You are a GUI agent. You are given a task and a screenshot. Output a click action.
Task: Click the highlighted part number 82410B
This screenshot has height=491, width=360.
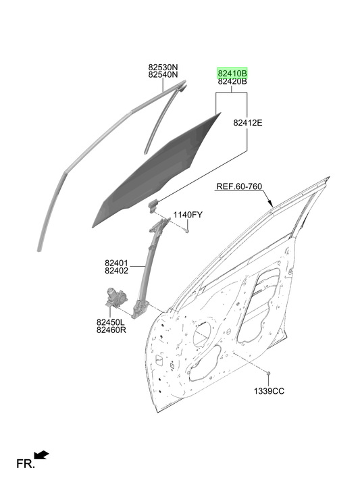[x=232, y=74]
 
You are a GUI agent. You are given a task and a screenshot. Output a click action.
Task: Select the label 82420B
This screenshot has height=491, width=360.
[x=232, y=82]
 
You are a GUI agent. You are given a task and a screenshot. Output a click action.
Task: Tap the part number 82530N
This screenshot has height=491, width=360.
[x=163, y=67]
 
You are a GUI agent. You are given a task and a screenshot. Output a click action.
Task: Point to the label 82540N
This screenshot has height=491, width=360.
[x=163, y=74]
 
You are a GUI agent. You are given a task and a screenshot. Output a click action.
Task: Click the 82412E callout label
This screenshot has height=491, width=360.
[x=248, y=123]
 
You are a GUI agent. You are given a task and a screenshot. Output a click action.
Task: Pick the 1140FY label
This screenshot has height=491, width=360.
[x=188, y=215]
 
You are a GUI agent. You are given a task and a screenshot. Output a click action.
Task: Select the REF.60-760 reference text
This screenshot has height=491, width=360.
[x=239, y=186]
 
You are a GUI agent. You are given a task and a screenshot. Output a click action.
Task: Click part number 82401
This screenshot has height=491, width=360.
[x=116, y=263]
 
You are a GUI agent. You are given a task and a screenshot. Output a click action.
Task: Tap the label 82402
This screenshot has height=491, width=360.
[x=116, y=271]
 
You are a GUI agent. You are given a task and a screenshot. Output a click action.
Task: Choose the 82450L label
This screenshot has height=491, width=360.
[x=111, y=322]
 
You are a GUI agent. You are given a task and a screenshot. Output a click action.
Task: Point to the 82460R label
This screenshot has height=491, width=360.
[x=111, y=330]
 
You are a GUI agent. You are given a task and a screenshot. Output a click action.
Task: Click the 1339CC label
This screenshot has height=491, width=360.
[x=269, y=391]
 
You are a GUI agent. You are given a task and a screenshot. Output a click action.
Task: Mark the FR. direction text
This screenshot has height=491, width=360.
[x=26, y=464]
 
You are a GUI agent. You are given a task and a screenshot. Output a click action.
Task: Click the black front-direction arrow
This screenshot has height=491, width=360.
[x=41, y=455]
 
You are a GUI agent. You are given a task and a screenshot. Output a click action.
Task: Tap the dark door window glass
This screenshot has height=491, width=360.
[x=157, y=171]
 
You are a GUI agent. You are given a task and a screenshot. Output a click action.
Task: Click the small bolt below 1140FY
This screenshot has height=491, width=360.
[x=187, y=231]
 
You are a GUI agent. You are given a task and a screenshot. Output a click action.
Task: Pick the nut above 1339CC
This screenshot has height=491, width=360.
[x=268, y=373]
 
